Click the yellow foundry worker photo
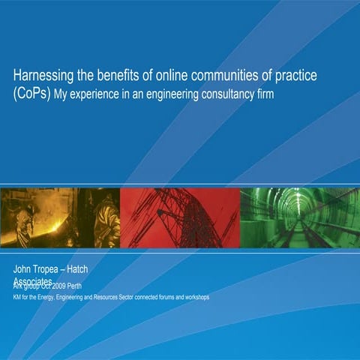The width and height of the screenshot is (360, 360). click(61, 217)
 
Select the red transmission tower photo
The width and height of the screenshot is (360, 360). click(180, 217)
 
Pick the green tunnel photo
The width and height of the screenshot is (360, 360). click(300, 217)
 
